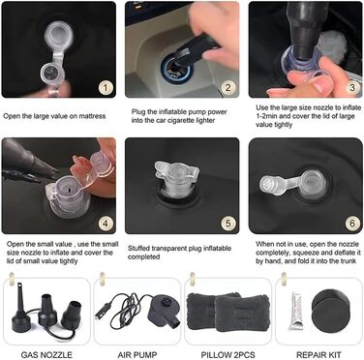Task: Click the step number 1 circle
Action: click(x=106, y=87)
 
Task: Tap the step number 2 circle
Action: click(x=228, y=87)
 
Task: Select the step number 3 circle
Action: click(x=352, y=87)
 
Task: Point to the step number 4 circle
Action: click(x=106, y=224)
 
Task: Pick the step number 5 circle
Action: click(x=228, y=224)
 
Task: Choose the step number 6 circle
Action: click(x=352, y=224)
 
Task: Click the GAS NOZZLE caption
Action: click(x=46, y=355)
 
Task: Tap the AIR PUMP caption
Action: click(x=137, y=355)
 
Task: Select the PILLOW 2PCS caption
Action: click(x=227, y=355)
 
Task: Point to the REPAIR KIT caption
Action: click(x=318, y=355)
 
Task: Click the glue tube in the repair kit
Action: click(x=295, y=311)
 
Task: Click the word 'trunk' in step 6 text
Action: click(x=349, y=261)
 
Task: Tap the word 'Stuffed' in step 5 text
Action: click(x=138, y=249)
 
